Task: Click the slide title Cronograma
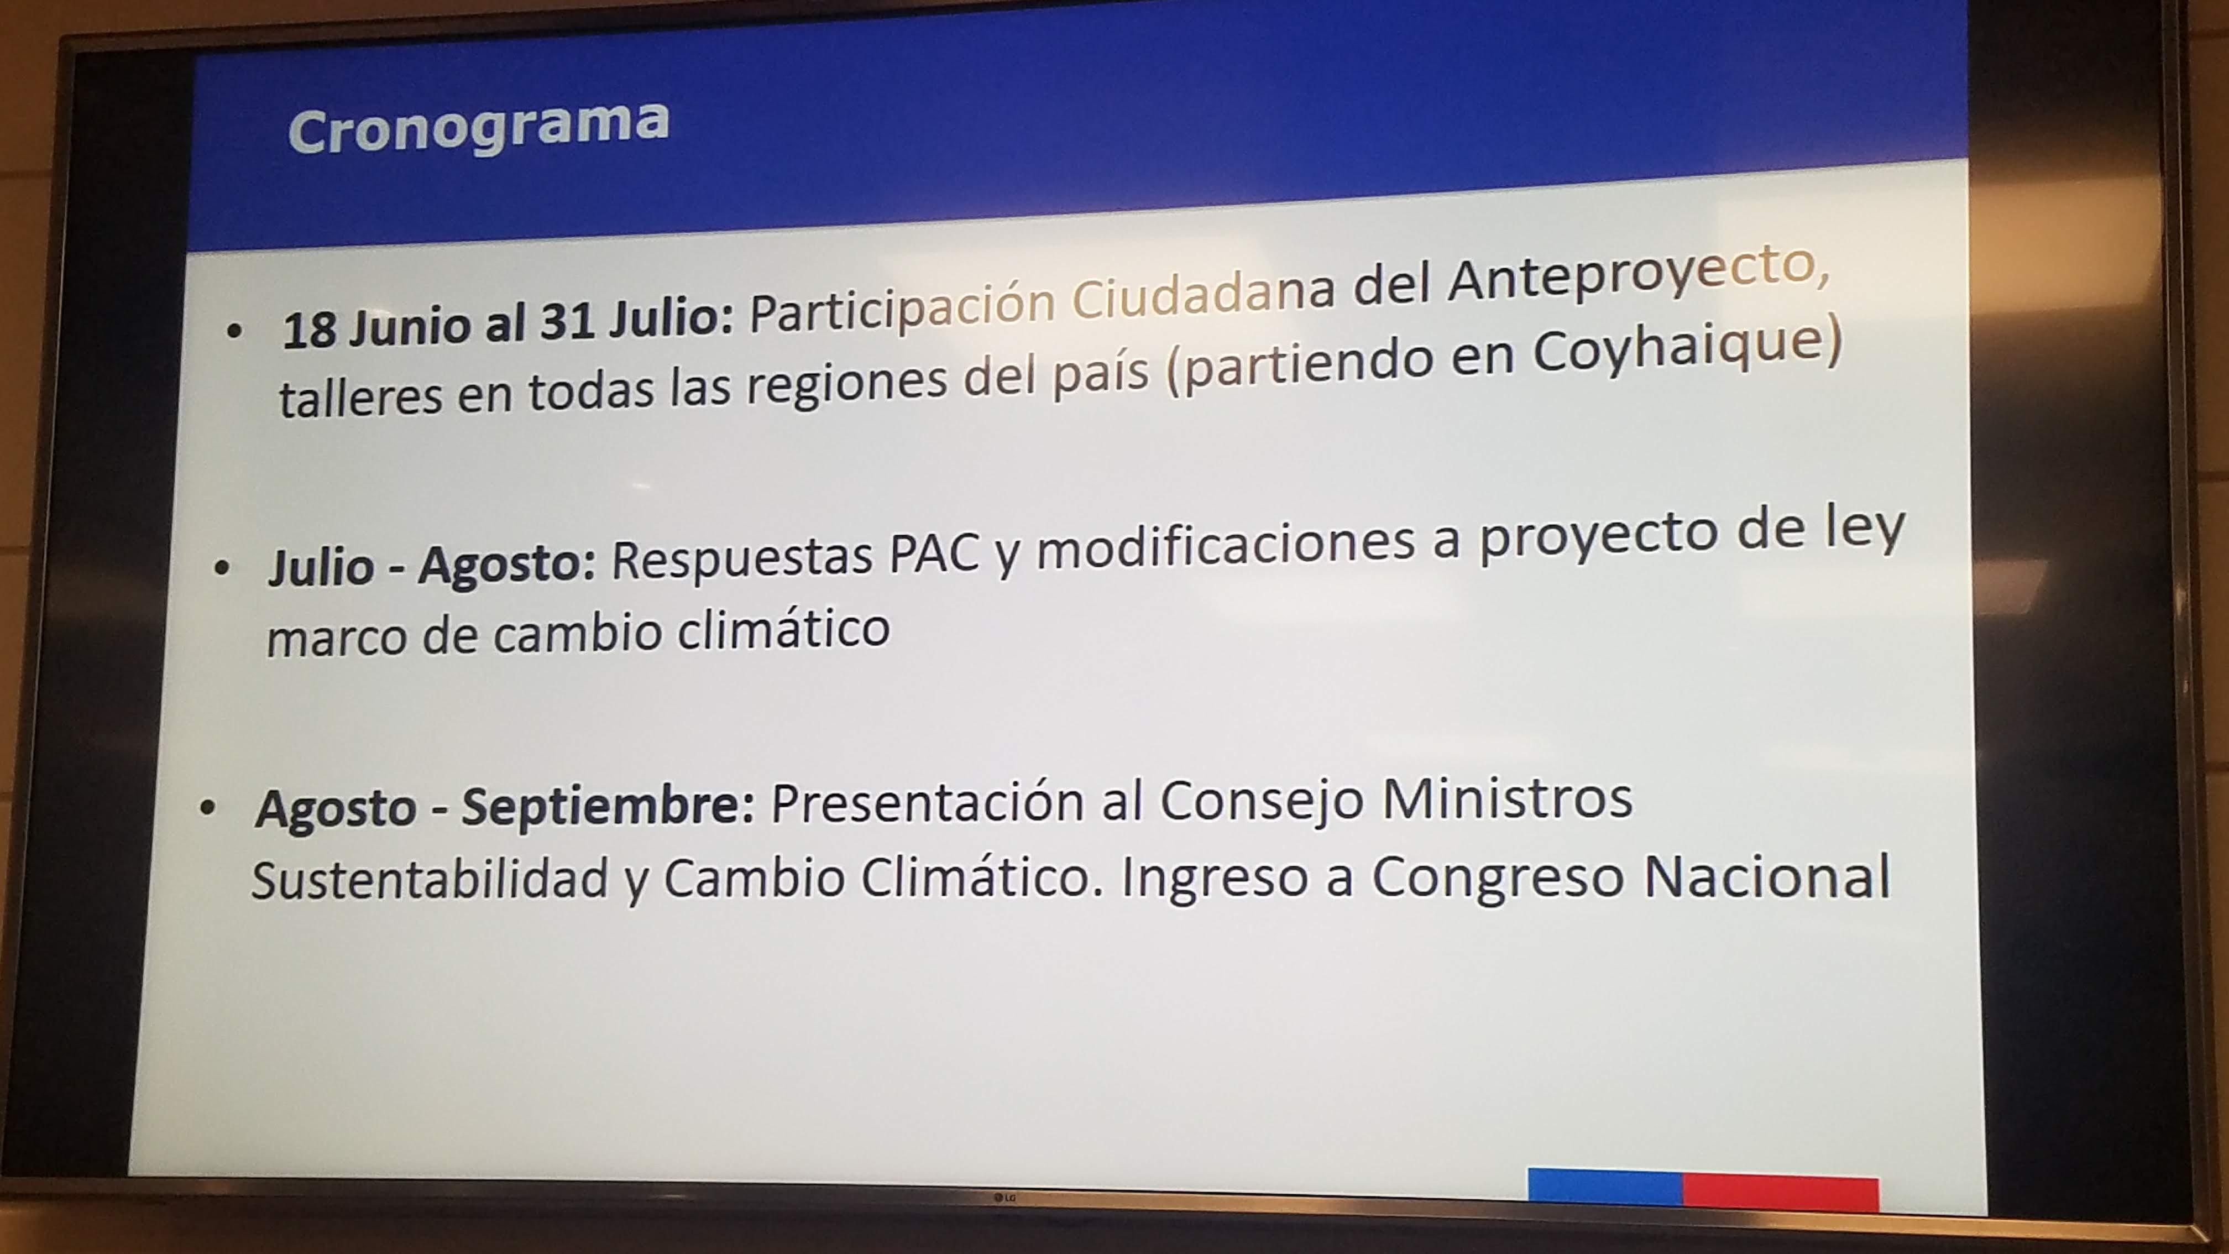479,128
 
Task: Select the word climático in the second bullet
783,629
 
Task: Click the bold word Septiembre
608,807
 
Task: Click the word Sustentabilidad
430,880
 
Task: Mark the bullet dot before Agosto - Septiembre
207,808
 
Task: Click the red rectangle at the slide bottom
1781,1193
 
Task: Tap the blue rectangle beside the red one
1605,1187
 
